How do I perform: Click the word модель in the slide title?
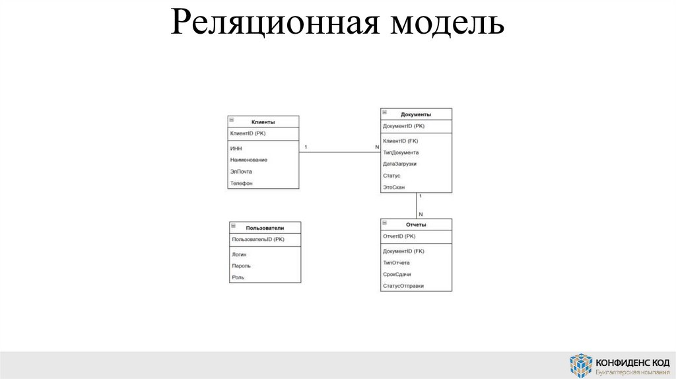pos(447,24)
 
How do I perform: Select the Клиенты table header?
pos(263,122)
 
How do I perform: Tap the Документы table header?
pos(416,114)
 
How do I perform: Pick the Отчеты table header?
pos(416,224)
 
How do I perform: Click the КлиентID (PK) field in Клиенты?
pos(248,133)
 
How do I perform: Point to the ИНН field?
pos(236,149)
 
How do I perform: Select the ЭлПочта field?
pos(241,172)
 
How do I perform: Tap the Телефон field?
pos(242,183)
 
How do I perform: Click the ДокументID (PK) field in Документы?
pos(403,125)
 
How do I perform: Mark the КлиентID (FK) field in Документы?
pos(400,141)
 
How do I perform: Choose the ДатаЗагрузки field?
pos(399,164)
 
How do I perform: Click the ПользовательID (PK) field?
pos(258,239)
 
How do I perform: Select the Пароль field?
pos(241,265)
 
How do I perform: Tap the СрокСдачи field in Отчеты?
pos(397,274)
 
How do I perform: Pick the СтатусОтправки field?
pos(403,286)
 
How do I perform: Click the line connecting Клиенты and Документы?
pos(339,153)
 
